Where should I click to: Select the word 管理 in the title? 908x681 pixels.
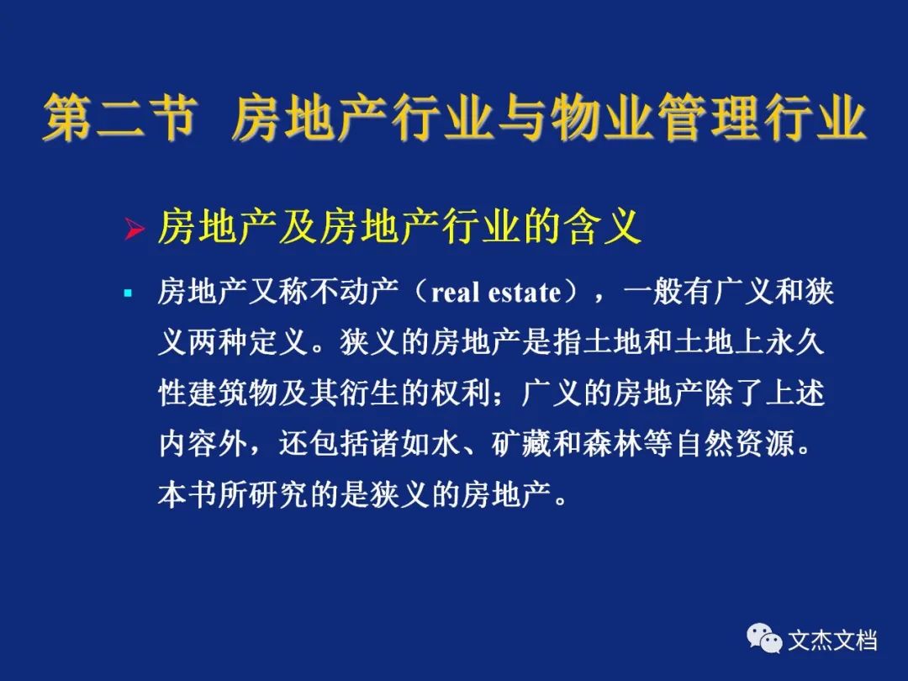(x=709, y=119)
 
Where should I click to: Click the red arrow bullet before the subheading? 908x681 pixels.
(x=135, y=230)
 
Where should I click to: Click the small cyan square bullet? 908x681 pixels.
(x=128, y=293)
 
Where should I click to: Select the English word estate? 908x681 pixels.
(x=525, y=293)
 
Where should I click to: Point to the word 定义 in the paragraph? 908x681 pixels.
(x=279, y=342)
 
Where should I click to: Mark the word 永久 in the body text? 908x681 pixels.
(x=794, y=342)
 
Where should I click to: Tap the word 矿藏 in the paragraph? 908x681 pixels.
(x=521, y=444)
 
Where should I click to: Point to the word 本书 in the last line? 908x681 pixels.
(x=188, y=495)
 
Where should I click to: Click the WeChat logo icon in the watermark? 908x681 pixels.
(x=764, y=638)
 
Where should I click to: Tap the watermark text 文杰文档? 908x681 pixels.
(x=832, y=641)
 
